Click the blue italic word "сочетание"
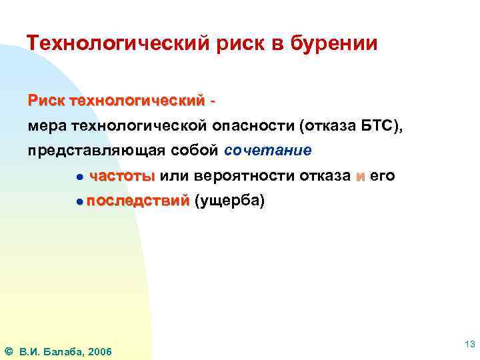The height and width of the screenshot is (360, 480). (268, 150)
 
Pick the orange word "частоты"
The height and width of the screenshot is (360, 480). (122, 176)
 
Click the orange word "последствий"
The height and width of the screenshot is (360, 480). (137, 201)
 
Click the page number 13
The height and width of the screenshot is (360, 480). (469, 345)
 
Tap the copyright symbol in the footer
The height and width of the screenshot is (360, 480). (8, 351)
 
